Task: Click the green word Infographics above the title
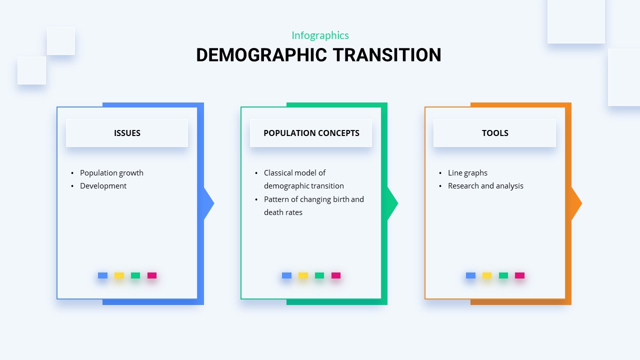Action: [x=320, y=35]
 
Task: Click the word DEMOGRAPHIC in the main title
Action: [x=261, y=55]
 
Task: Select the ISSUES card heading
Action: [x=127, y=133]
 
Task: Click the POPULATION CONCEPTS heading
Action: [x=311, y=133]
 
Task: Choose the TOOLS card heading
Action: [x=495, y=133]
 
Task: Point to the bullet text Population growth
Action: [x=111, y=173]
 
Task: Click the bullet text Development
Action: [x=103, y=186]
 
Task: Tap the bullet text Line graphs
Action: [x=467, y=173]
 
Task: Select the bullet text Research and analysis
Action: [x=485, y=186]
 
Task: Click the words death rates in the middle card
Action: [x=283, y=212]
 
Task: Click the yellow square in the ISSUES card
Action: [x=119, y=275]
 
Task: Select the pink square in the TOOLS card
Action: [x=519, y=275]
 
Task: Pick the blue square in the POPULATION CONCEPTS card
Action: [x=286, y=275]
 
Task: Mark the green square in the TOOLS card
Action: [x=503, y=275]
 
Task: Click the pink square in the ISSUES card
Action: [x=152, y=275]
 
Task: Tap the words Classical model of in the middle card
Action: [x=294, y=173]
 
